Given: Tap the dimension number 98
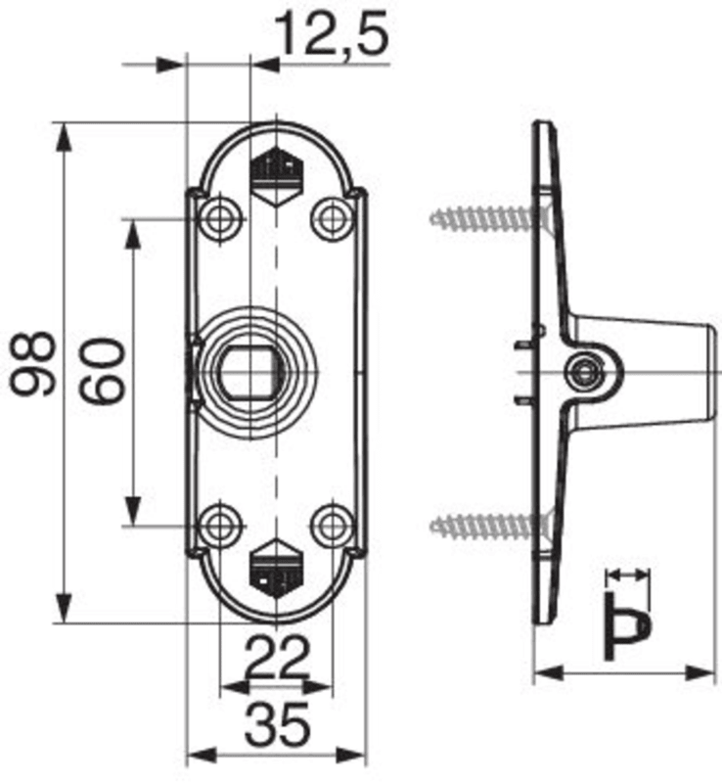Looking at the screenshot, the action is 33,363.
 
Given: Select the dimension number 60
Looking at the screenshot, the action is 104,371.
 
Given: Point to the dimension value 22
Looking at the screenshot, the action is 278,657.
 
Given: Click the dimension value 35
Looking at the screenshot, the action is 277,724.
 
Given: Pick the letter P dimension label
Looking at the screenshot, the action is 628,627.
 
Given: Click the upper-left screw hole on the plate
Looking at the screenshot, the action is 219,218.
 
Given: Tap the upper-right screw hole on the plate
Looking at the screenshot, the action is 331,218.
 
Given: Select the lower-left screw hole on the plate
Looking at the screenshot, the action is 219,526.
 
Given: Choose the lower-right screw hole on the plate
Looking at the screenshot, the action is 331,526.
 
